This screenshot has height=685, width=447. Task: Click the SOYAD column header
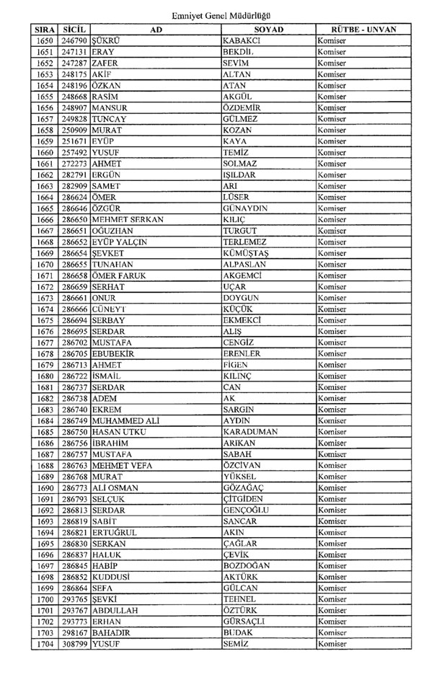(x=268, y=30)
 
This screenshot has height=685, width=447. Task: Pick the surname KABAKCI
(x=242, y=41)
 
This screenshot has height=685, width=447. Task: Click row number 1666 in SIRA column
(x=45, y=219)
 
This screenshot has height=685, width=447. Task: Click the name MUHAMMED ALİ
(x=125, y=420)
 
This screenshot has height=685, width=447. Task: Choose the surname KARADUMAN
(x=251, y=432)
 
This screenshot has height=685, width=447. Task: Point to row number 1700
(x=45, y=599)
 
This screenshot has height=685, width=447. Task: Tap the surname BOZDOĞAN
(x=247, y=566)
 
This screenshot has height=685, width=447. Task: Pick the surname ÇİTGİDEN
(x=245, y=499)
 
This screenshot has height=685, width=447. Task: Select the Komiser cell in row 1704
(x=332, y=644)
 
